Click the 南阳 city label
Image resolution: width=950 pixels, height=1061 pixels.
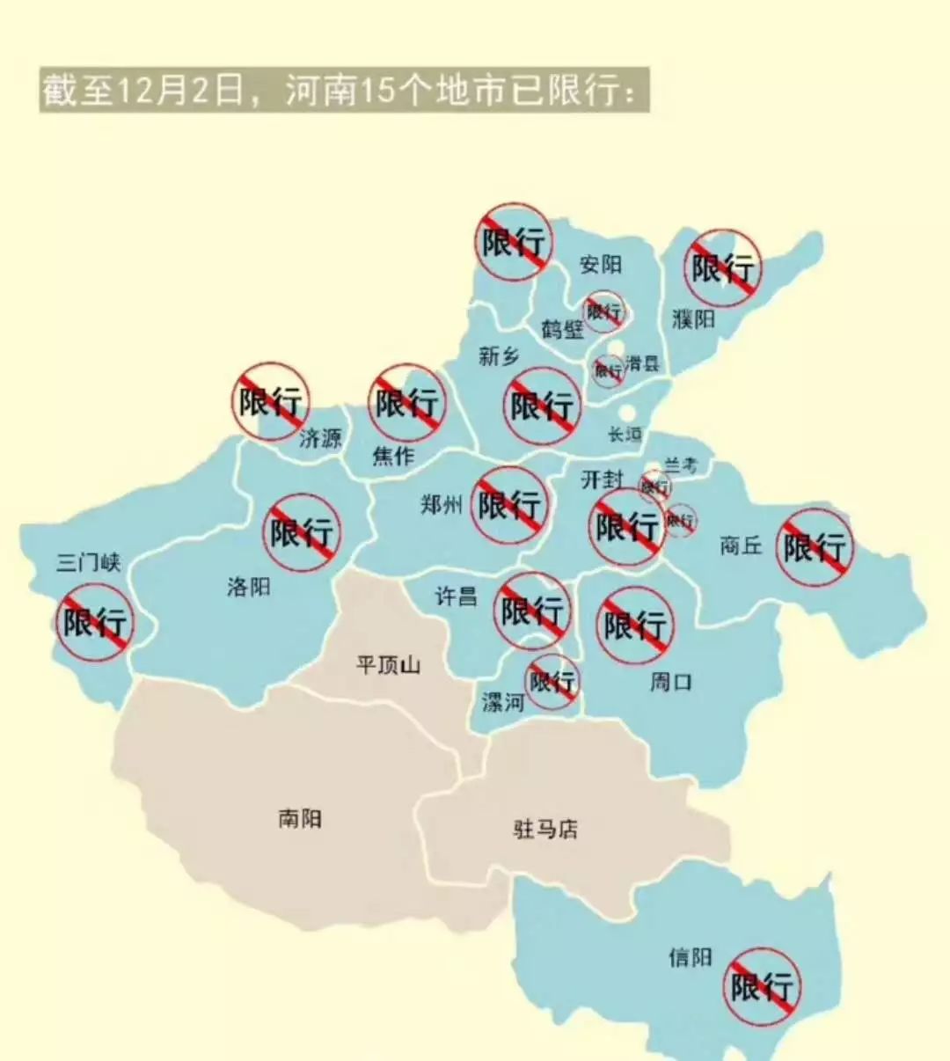(300, 819)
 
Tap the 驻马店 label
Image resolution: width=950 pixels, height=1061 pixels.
(545, 829)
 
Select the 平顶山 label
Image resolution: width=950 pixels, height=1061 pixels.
(388, 663)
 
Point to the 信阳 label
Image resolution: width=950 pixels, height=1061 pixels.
(690, 957)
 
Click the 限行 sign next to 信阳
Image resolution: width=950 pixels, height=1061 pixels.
(762, 986)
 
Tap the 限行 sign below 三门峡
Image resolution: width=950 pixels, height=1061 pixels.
(94, 622)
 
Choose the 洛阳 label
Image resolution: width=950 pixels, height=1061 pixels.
(249, 586)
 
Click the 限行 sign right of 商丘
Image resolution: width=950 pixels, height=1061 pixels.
(815, 547)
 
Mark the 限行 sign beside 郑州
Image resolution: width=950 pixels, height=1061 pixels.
(508, 504)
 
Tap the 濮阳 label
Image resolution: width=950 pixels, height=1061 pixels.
(694, 318)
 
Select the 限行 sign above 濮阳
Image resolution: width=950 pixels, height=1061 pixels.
(722, 268)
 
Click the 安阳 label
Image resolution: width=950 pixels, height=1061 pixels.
(601, 264)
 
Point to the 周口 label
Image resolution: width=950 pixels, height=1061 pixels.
(670, 681)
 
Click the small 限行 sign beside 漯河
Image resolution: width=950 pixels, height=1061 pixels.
(552, 681)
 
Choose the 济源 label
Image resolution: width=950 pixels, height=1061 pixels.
(320, 437)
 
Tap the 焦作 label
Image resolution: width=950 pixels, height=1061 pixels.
(393, 456)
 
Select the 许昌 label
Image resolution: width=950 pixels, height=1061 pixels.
(457, 596)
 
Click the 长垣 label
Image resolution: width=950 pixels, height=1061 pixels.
(625, 434)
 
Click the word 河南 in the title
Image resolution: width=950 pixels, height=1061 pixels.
(320, 91)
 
